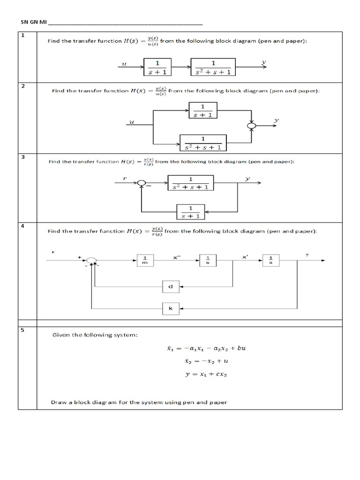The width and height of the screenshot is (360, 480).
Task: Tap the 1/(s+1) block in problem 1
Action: pyautogui.click(x=157, y=67)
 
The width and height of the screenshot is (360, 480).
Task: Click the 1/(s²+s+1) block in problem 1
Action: pyautogui.click(x=213, y=67)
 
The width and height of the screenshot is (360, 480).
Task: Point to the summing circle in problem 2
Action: pyautogui.click(x=252, y=125)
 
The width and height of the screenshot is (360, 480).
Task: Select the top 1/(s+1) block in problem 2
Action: pyautogui.click(x=202, y=111)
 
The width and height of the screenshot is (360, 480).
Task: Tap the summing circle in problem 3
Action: pyautogui.click(x=142, y=183)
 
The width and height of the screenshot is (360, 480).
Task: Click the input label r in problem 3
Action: pyautogui.click(x=125, y=179)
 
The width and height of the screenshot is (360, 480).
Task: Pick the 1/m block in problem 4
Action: pyautogui.click(x=145, y=260)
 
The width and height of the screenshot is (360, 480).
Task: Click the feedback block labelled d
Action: pyautogui.click(x=171, y=286)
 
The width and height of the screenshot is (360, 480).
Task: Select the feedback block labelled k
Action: pyautogui.click(x=171, y=309)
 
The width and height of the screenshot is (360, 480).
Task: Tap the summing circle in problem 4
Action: pyautogui.click(x=92, y=261)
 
